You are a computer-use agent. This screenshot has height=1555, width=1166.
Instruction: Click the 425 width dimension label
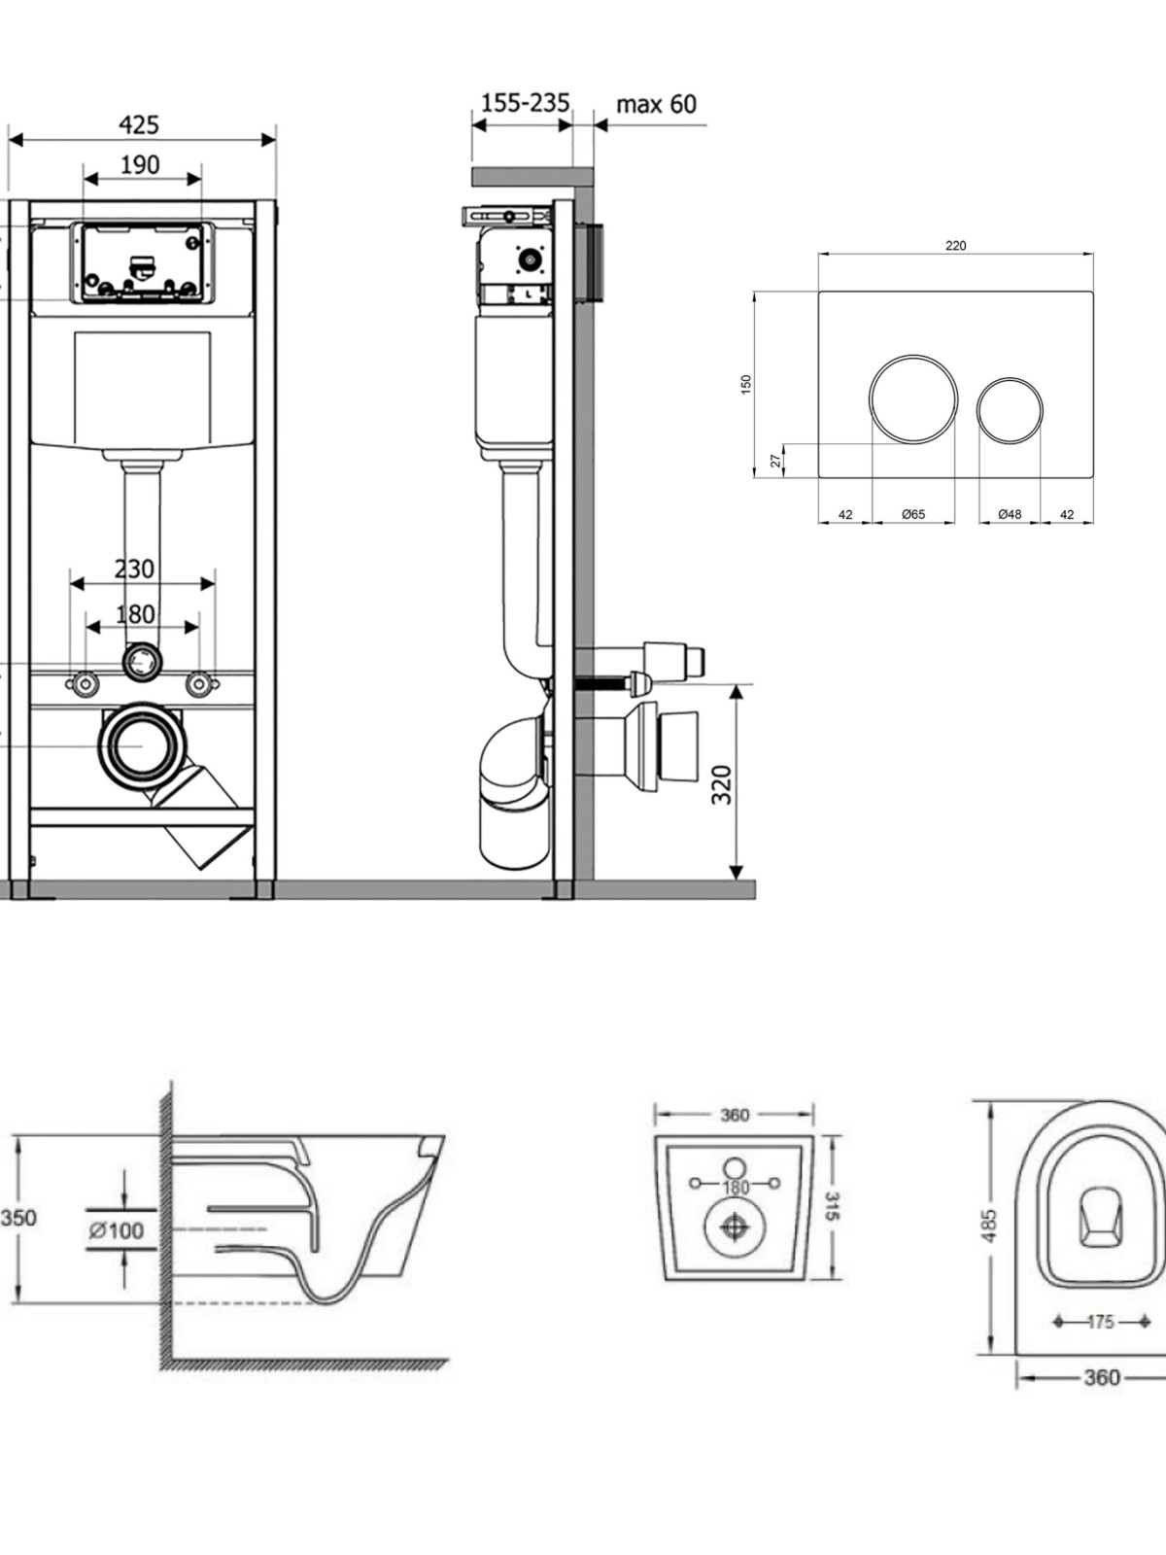pos(139,124)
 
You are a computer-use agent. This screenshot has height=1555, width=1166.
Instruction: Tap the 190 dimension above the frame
pos(140,165)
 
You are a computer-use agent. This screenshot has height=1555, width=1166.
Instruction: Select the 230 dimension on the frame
pos(134,569)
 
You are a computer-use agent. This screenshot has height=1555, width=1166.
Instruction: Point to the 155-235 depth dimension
pos(525,103)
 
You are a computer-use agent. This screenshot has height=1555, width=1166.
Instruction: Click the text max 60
pos(656,104)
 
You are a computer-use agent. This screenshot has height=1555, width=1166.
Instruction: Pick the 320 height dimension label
pos(721,784)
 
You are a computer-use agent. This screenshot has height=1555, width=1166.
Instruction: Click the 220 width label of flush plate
pos(956,246)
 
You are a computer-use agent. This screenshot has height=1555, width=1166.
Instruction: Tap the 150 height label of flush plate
pos(746,385)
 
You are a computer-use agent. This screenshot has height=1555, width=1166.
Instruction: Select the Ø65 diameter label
pos(913,514)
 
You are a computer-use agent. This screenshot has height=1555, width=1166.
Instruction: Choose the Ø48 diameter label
pos(1010,514)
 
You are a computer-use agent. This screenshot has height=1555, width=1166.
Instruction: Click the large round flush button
pos(913,399)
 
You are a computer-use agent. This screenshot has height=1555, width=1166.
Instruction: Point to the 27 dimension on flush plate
pos(776,461)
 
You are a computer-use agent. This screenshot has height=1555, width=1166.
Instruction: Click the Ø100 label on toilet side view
pos(116,1230)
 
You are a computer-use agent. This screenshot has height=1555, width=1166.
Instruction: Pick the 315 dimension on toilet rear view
pos(833,1206)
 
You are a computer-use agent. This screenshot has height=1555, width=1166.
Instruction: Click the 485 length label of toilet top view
pos(990,1226)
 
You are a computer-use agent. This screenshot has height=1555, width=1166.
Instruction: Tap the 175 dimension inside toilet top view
pos(1101,1322)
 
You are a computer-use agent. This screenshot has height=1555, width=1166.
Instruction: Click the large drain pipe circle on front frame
pos(142,746)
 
